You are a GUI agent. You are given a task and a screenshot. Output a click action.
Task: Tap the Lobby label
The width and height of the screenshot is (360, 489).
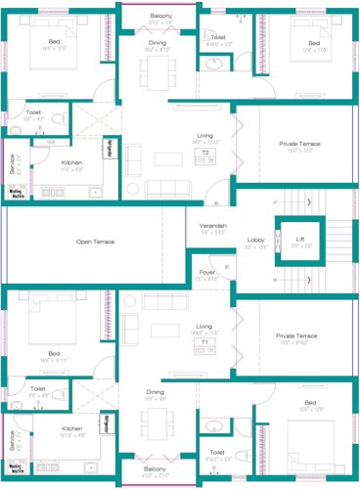(255, 239)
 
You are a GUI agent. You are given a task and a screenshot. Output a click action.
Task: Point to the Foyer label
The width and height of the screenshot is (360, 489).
(206, 272)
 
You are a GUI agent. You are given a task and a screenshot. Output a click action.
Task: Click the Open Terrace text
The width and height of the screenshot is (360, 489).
(97, 241)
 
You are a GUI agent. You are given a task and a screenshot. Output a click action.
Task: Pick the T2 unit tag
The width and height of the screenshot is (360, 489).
(205, 154)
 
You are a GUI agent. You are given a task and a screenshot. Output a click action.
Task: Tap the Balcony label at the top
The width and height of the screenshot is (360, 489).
(162, 16)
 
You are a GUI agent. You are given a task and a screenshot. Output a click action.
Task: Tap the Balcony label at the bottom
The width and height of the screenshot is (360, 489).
(155, 469)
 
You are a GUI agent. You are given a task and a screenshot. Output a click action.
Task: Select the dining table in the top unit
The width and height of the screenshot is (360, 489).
(157, 69)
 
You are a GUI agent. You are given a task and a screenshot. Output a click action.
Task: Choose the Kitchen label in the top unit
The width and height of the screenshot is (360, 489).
(72, 162)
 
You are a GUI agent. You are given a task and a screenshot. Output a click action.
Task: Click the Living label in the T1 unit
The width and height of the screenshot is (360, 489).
(203, 326)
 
